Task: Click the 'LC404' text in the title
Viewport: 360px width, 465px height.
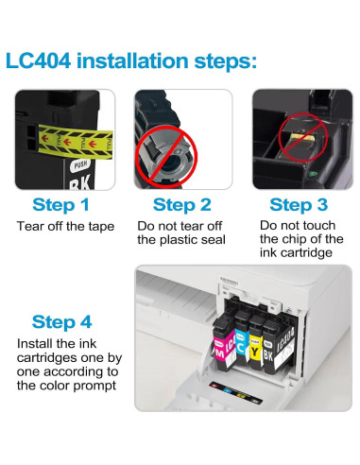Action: pos(38,60)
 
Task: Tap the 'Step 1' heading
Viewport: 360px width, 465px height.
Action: pos(60,205)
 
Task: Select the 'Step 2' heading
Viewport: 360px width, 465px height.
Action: pos(181,205)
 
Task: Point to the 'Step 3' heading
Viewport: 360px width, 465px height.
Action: pos(299,205)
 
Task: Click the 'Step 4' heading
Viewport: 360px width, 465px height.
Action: pos(61,322)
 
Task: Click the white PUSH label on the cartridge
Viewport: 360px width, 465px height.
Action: pos(81,164)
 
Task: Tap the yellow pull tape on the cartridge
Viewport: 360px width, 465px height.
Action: pos(75,142)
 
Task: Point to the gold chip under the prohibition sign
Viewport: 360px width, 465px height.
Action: pos(301,138)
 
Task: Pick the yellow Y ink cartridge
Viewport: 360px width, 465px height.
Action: pos(256,343)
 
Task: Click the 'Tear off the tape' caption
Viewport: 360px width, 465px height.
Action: pos(65,226)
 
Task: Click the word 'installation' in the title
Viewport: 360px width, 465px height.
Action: pos(132,60)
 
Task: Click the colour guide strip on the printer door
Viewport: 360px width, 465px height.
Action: pos(235,392)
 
